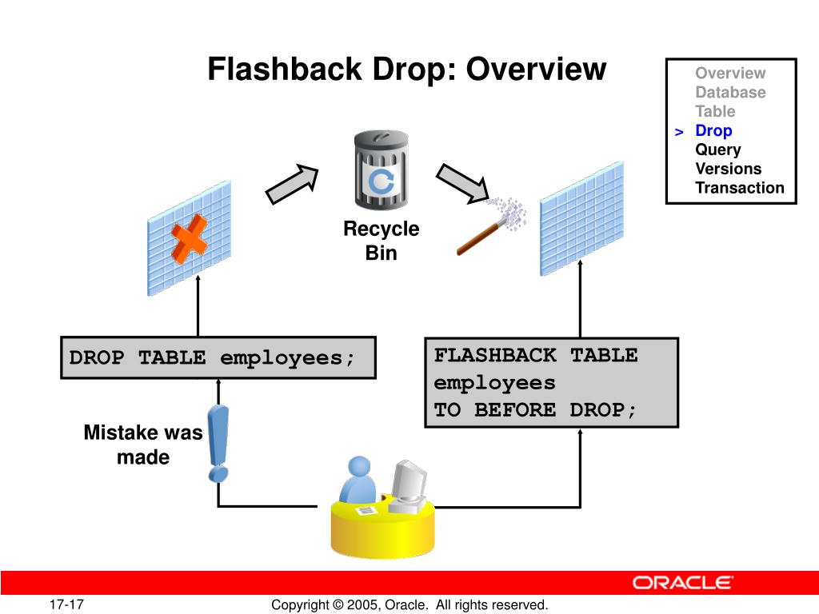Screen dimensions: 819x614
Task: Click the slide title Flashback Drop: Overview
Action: (x=407, y=70)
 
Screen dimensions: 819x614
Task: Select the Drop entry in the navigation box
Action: (x=713, y=130)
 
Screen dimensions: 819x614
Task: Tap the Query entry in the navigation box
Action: (x=717, y=150)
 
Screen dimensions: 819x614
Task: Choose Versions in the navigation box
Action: (x=728, y=169)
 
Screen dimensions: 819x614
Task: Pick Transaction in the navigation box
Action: (x=739, y=188)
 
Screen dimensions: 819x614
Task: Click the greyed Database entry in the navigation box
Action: (x=729, y=92)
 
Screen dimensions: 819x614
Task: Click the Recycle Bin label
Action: (x=381, y=241)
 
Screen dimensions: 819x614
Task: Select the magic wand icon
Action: (x=483, y=233)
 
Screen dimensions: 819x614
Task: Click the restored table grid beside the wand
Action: (x=581, y=217)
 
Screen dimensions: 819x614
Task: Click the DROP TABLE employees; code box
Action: (x=218, y=357)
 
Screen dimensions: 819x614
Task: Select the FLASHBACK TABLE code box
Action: (x=551, y=383)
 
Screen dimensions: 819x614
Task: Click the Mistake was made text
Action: (x=142, y=445)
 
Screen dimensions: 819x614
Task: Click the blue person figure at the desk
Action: (x=357, y=484)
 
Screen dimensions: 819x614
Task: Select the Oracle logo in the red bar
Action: (x=682, y=583)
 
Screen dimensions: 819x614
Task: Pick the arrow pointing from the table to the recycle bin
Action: (x=292, y=183)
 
